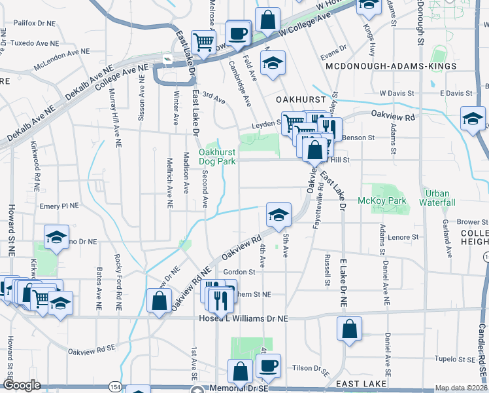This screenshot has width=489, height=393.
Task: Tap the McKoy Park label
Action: click(382, 200)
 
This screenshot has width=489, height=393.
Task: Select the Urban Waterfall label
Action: click(439, 198)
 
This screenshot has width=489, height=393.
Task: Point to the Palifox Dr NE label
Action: click(33, 23)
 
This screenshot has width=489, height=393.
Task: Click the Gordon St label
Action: click(239, 272)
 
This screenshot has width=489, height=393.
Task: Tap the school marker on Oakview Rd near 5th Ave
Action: click(278, 214)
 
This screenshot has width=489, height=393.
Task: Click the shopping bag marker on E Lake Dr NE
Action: click(350, 329)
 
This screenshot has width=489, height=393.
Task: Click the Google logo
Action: click(22, 386)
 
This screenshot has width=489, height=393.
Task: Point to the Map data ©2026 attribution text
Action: click(462, 388)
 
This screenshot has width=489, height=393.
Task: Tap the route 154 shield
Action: click(115, 387)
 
